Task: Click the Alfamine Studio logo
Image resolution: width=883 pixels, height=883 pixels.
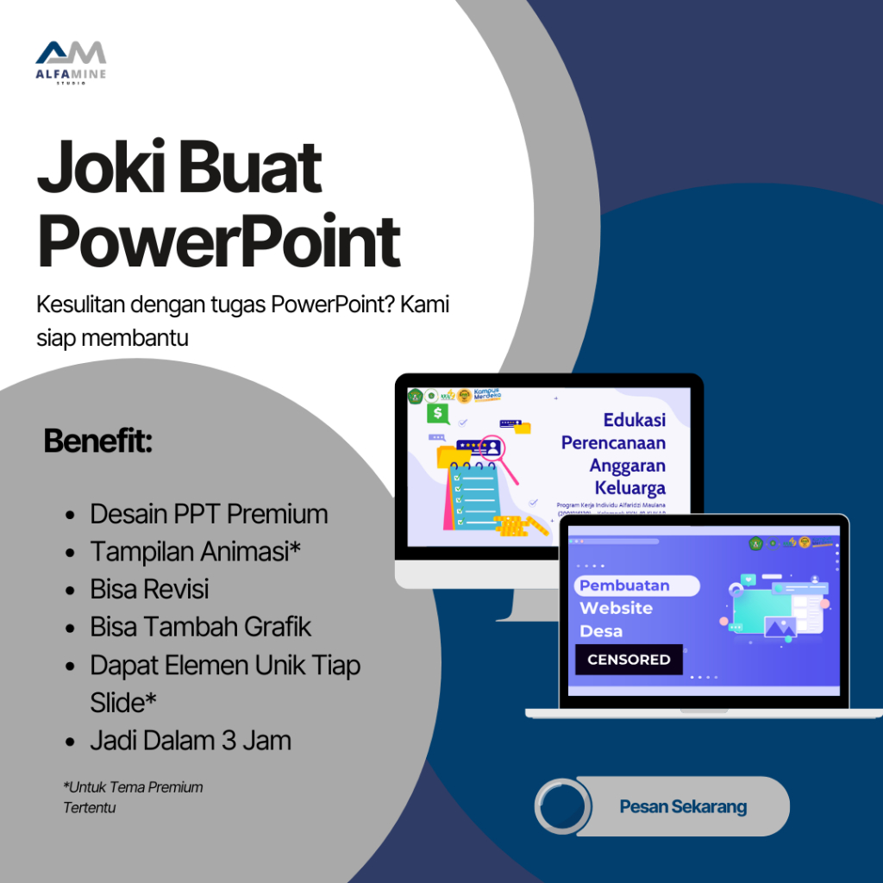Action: pos(70,62)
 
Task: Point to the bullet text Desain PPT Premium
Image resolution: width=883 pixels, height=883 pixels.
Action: pos(209,514)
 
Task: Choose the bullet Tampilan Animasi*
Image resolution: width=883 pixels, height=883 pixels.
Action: pos(195,552)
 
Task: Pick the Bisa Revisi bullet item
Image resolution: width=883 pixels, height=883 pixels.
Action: pos(149,590)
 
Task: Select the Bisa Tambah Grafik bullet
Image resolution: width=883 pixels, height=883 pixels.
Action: pos(201,627)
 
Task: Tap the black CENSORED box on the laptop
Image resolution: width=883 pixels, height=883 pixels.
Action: pos(629,660)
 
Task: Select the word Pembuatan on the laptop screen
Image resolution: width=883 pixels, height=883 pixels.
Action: pos(624,586)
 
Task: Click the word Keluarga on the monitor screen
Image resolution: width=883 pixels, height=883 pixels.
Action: pos(629,489)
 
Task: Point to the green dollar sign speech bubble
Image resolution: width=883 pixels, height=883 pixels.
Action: pos(438,415)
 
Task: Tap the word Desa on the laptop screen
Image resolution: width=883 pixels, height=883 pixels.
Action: pos(601,631)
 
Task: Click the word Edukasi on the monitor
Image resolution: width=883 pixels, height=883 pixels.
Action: pos(634,421)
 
